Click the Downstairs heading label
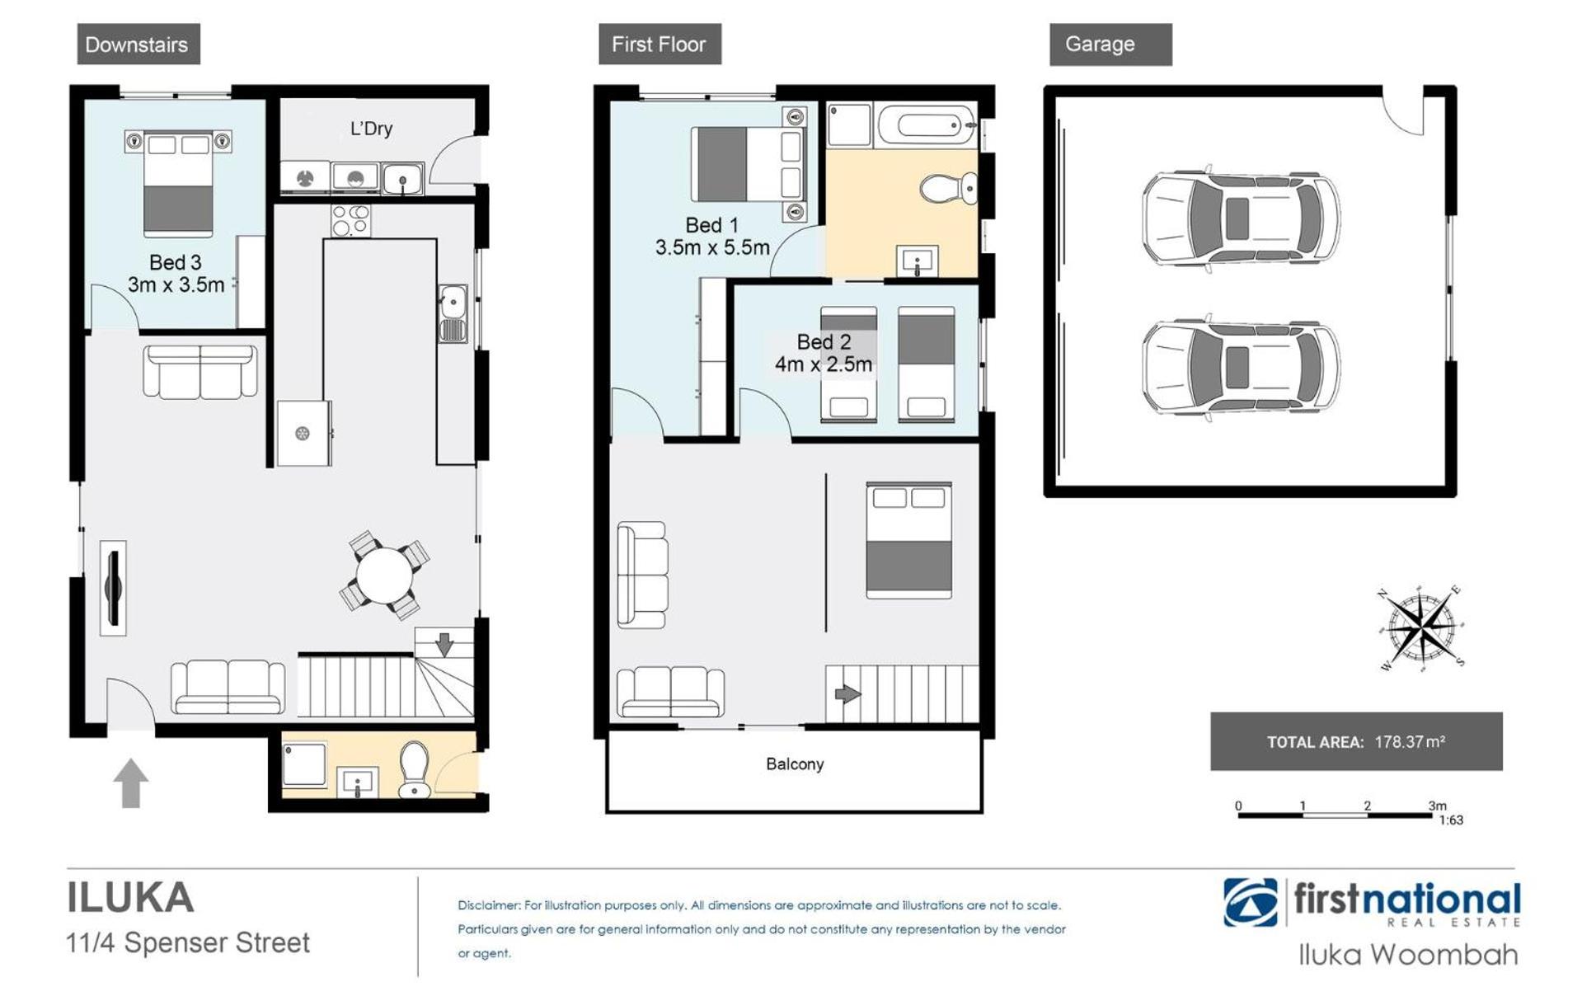click(137, 45)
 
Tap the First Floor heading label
click(659, 45)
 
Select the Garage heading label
click(1100, 45)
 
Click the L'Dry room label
click(371, 129)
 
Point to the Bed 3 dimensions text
click(176, 285)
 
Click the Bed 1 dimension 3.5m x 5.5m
click(712, 247)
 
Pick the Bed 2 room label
click(824, 341)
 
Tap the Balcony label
click(795, 764)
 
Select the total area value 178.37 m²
click(1410, 742)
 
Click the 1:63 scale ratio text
click(1451, 820)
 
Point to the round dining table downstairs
click(385, 575)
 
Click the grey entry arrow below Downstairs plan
click(130, 783)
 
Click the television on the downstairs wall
click(114, 588)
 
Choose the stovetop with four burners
click(351, 220)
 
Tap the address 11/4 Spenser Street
click(188, 942)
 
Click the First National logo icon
click(1251, 902)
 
